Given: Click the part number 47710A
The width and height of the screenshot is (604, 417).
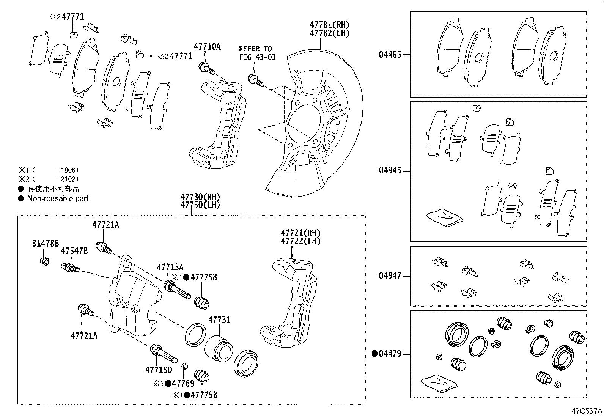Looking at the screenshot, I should tap(207, 47).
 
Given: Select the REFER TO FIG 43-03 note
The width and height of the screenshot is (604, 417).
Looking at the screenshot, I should tap(257, 53).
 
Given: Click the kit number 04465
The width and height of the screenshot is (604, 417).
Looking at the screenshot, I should tap(390, 54).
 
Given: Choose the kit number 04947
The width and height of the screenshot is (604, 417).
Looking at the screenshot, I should tap(390, 276).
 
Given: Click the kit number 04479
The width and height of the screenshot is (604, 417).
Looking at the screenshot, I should tap(390, 354).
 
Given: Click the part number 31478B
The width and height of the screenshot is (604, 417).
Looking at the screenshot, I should tap(45, 244).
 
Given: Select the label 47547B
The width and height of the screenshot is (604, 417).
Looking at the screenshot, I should tap(74, 251).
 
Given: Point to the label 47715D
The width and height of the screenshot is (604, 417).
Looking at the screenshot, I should tap(158, 369).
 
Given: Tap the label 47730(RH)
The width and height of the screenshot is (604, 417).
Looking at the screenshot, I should tap(200, 197).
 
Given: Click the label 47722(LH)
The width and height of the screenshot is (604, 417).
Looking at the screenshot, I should tap(300, 241).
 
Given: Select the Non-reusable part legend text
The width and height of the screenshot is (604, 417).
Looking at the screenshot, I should tap(58, 198).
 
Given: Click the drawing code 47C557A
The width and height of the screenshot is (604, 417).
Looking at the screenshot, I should tap(587, 411).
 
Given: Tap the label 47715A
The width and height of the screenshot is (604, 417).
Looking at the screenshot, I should tap(170, 267).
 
